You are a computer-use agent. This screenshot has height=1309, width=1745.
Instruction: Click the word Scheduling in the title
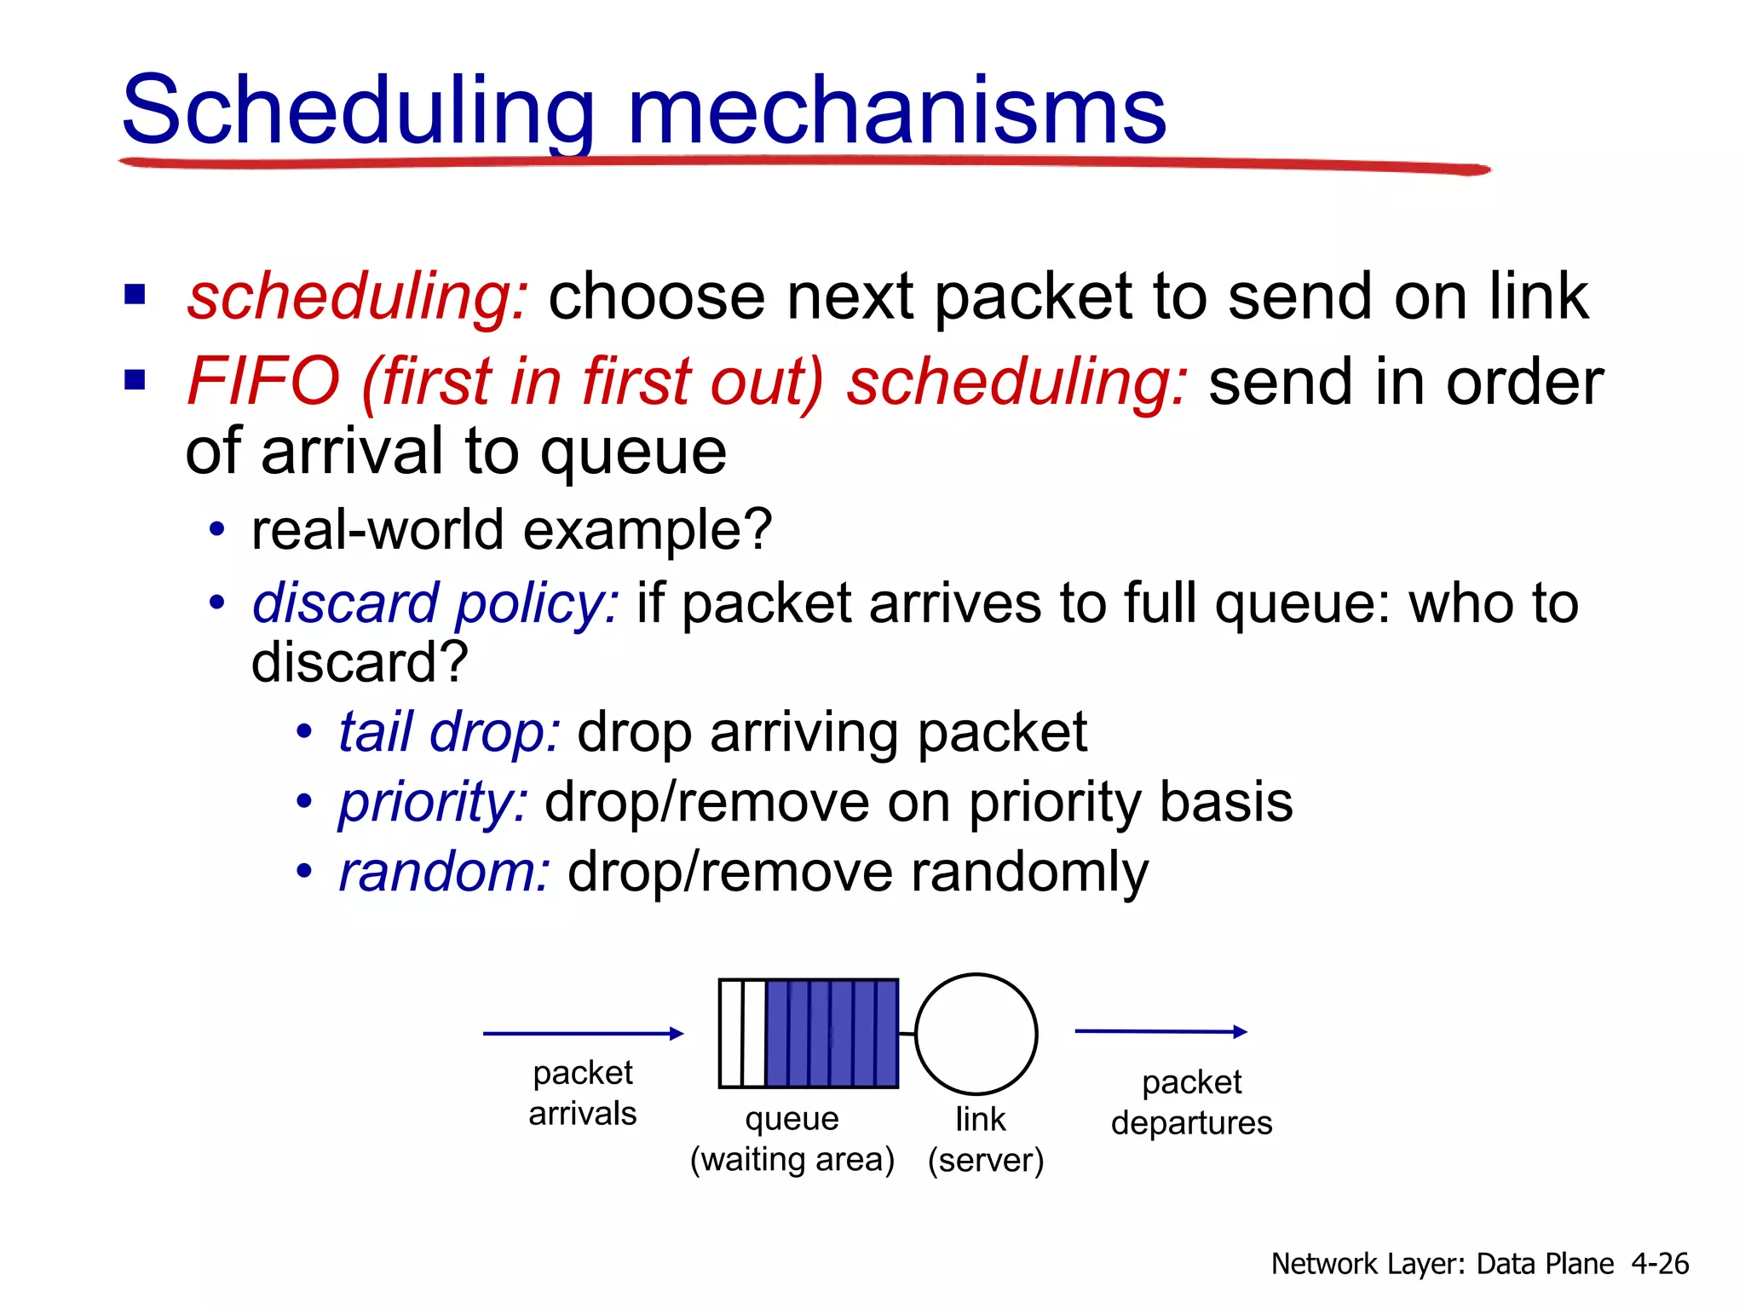tap(358, 111)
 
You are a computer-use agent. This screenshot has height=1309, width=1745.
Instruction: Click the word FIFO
tap(264, 381)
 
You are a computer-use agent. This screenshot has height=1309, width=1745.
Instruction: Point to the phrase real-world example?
tap(511, 529)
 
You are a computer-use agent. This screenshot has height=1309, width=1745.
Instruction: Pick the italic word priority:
tap(433, 802)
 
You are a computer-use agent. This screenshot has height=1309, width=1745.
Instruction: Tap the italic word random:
tap(444, 872)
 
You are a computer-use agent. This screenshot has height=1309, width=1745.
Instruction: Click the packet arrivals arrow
tap(583, 1034)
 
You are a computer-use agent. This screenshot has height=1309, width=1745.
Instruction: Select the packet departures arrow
tap(1160, 1032)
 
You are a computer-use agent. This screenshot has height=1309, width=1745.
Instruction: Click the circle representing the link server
tap(976, 1034)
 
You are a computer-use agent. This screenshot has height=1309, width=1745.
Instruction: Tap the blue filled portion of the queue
tap(832, 1034)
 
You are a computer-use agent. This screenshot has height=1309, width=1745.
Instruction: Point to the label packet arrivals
tap(583, 1093)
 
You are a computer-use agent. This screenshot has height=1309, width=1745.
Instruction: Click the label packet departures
tap(1191, 1102)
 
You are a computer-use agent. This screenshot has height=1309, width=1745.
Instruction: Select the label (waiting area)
tap(792, 1160)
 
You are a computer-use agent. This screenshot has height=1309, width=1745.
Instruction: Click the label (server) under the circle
tap(986, 1160)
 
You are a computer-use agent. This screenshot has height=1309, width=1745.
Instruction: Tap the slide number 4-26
tap(1660, 1263)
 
